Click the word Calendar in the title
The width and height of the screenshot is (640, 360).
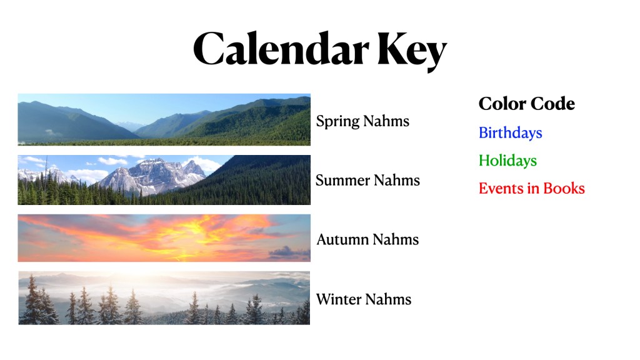281,48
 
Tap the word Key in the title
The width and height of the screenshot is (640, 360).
412,51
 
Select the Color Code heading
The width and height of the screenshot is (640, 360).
526,104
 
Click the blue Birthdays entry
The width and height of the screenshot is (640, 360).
510,133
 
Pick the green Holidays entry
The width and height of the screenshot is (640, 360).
507,161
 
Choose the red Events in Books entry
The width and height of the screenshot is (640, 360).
532,189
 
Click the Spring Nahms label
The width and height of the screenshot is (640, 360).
362,122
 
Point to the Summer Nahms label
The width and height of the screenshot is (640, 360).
367,181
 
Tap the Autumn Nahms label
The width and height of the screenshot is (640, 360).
367,239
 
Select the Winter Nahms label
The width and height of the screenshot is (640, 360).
364,299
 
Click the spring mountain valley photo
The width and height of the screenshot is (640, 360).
164,119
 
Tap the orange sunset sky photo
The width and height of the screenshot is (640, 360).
164,238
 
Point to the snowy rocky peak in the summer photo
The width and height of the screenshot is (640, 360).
153,176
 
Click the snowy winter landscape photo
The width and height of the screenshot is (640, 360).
164,298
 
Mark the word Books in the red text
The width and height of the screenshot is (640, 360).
564,189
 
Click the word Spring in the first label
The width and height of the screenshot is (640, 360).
337,122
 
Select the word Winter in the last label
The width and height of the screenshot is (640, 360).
339,299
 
